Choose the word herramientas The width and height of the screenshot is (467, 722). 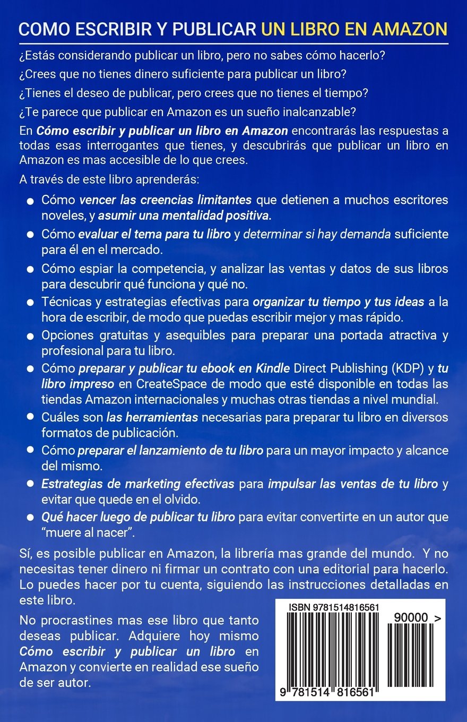(x=164, y=417)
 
